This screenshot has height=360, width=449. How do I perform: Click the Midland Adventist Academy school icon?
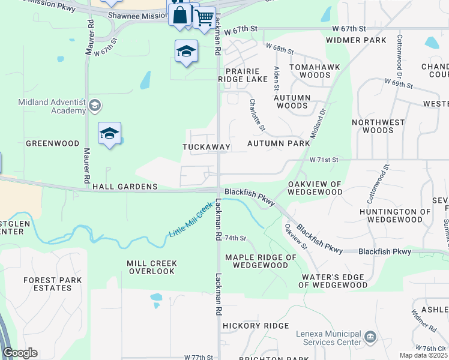[x=94, y=106]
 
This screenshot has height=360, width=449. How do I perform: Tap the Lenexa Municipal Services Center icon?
[x=370, y=337]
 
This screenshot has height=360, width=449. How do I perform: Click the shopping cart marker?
[x=204, y=17]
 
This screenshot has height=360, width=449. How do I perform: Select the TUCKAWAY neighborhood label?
[x=206, y=147]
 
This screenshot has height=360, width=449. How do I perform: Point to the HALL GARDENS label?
[x=125, y=187]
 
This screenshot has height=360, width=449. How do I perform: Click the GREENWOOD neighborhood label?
[x=53, y=144]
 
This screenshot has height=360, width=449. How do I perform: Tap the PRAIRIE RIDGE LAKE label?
[x=247, y=75]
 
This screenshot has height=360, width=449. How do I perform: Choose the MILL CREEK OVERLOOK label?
[x=149, y=268]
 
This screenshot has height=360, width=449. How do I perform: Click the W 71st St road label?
[x=324, y=160]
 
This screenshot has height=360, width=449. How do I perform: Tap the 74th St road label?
[x=236, y=238]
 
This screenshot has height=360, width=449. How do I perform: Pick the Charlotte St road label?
[x=257, y=114]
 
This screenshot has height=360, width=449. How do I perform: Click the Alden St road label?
[x=277, y=76]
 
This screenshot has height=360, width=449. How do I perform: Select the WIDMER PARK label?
[x=356, y=40]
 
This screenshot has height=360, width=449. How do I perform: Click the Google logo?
[x=20, y=353]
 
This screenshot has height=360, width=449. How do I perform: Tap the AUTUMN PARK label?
[x=279, y=144]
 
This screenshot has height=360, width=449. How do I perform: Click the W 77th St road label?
[x=199, y=357]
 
